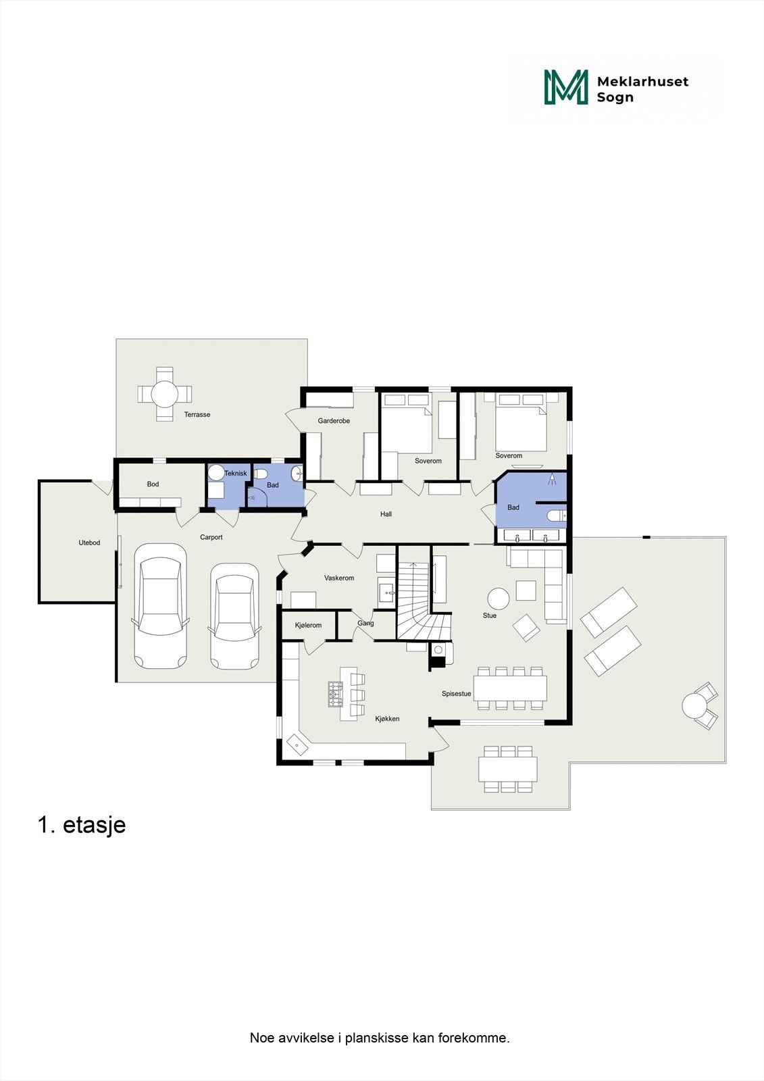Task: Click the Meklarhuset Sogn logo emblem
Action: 566,87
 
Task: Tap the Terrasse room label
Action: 197,415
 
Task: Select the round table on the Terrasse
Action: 164,393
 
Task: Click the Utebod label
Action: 89,543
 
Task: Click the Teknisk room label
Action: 236,474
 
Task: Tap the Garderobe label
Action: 334,421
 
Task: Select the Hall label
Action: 386,514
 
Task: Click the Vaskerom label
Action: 339,578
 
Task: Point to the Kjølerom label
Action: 309,626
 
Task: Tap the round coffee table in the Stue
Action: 499,599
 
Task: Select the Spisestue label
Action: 457,694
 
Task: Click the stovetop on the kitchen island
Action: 336,694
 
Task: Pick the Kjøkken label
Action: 387,719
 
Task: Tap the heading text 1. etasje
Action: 82,825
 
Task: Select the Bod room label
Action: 153,484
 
